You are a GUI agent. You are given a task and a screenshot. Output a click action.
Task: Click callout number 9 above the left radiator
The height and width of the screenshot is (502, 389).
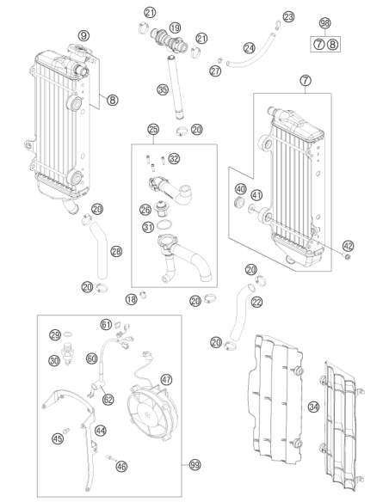tap(83, 35)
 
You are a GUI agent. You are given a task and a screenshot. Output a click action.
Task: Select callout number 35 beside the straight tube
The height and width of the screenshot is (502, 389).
tap(163, 89)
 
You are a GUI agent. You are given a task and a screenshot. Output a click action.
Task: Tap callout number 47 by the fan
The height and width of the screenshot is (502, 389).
tap(166, 380)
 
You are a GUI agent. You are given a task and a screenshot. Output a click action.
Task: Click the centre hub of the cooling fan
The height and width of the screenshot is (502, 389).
tap(147, 415)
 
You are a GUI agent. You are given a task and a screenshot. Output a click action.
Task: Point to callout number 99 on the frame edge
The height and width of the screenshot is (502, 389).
tap(194, 464)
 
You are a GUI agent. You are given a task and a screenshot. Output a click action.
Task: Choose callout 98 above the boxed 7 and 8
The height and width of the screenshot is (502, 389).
tap(325, 23)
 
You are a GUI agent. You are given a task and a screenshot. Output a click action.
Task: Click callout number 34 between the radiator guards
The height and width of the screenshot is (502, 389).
tap(314, 407)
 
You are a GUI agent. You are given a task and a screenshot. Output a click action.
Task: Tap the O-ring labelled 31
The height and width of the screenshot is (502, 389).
tap(164, 225)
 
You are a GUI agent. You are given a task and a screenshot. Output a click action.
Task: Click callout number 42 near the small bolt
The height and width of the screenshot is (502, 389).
tap(349, 246)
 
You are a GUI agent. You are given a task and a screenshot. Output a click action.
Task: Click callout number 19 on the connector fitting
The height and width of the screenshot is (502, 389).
tap(175, 28)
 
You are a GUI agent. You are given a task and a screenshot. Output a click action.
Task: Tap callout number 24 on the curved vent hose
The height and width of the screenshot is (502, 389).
tap(250, 48)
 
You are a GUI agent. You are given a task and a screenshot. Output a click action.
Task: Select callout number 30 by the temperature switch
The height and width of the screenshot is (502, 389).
tap(54, 361)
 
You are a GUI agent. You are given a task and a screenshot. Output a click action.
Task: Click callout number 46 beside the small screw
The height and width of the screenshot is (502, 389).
tap(121, 467)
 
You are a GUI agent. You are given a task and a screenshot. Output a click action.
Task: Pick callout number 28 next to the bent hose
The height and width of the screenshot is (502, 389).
tap(116, 251)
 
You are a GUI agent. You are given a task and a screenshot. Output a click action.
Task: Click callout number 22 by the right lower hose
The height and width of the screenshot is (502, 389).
tap(257, 302)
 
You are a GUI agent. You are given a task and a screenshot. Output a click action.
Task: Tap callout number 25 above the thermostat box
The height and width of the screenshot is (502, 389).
tap(153, 129)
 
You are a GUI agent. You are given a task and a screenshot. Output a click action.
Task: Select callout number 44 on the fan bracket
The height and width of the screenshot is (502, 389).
tap(101, 431)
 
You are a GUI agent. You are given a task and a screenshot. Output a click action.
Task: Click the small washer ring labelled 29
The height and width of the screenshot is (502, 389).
tap(67, 334)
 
